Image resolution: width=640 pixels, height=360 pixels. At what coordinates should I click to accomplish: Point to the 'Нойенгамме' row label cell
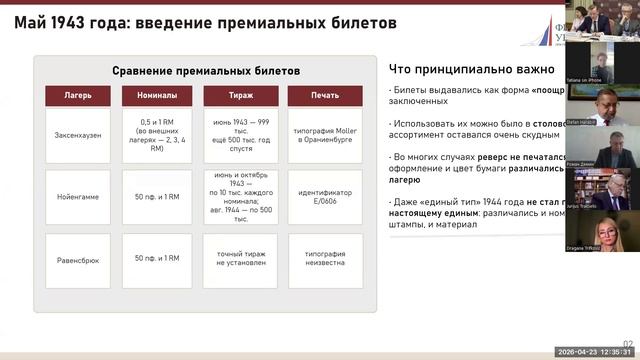[x=75, y=198]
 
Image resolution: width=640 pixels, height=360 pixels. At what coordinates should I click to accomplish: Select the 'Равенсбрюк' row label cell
[x=75, y=259]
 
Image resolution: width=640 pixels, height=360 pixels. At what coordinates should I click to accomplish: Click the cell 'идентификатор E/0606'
[x=317, y=198]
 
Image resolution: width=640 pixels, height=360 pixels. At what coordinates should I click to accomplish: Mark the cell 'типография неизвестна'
[x=317, y=259]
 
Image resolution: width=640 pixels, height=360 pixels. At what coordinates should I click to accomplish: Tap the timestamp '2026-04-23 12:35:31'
[x=594, y=352]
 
